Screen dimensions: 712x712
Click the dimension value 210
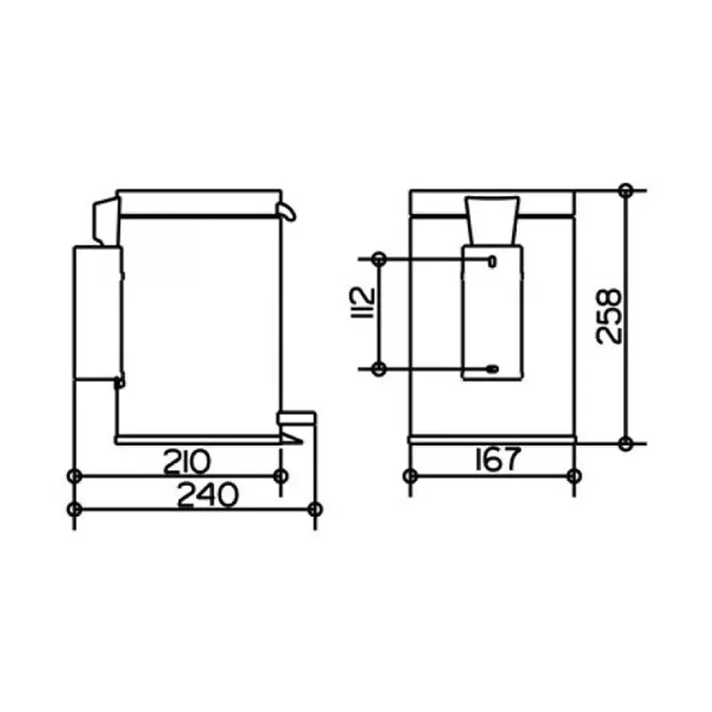pyautogui.click(x=187, y=461)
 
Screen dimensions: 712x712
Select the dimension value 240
pyautogui.click(x=207, y=495)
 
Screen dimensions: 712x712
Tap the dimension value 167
pyautogui.click(x=498, y=459)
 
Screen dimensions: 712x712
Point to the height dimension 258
pyautogui.click(x=608, y=316)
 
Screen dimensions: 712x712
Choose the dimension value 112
pyautogui.click(x=364, y=303)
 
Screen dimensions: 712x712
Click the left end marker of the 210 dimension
pyautogui.click(x=75, y=476)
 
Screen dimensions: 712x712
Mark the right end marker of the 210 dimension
pyautogui.click(x=281, y=476)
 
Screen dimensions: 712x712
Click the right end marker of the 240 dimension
pyautogui.click(x=315, y=509)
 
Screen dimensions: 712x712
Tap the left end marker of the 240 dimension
pyautogui.click(x=75, y=509)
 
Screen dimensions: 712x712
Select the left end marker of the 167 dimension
pyautogui.click(x=410, y=476)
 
